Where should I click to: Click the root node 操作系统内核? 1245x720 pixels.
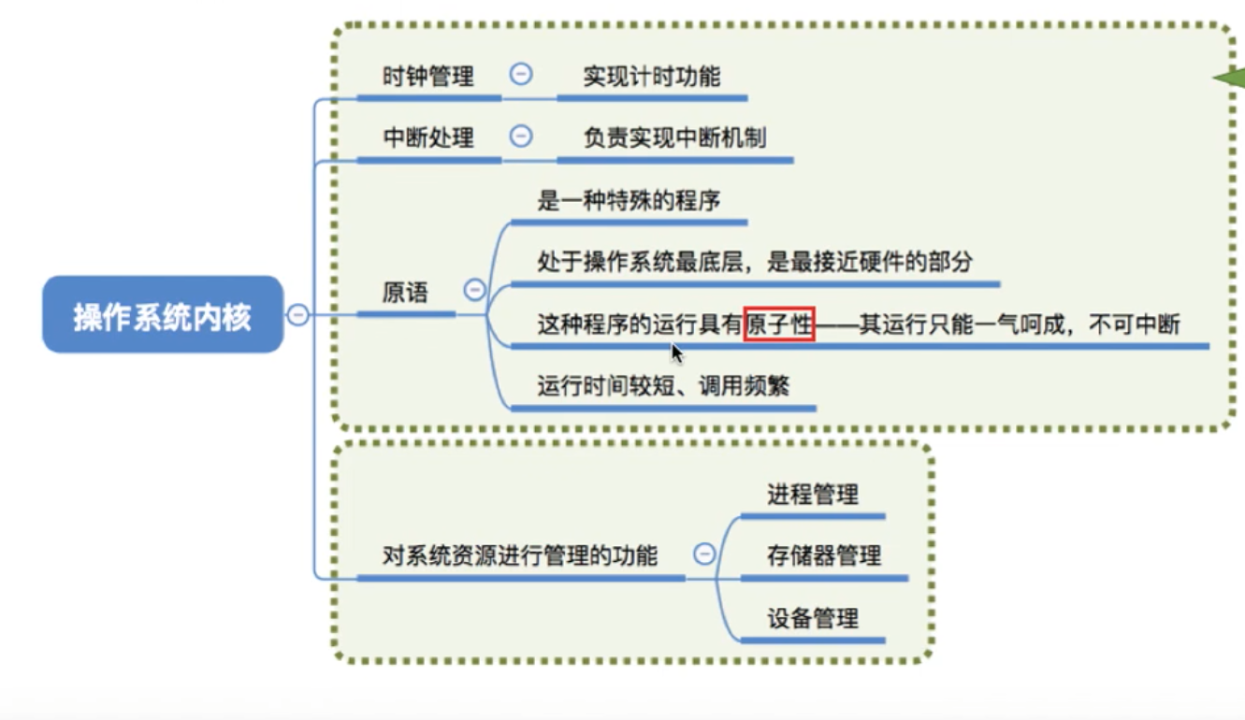tap(162, 315)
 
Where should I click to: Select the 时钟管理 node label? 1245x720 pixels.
tap(428, 76)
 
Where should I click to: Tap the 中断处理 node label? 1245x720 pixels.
tap(428, 137)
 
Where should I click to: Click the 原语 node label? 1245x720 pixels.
tap(405, 293)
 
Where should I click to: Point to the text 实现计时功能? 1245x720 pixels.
tap(652, 76)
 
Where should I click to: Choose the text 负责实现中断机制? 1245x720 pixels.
tap(674, 137)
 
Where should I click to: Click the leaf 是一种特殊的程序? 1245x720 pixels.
tap(629, 200)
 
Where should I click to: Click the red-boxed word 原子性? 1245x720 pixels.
tap(779, 324)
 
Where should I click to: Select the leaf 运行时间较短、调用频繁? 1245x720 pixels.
tap(663, 385)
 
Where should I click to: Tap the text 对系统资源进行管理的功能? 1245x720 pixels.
tap(520, 555)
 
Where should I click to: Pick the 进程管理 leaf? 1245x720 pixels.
tap(813, 494)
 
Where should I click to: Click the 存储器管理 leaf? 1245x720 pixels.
tap(824, 555)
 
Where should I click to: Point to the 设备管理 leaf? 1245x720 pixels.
tap(813, 618)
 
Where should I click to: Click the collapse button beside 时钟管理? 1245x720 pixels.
tap(521, 75)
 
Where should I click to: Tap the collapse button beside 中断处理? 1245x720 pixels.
tap(521, 137)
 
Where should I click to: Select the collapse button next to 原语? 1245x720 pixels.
tap(475, 290)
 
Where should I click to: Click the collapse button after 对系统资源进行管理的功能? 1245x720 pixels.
tap(704, 554)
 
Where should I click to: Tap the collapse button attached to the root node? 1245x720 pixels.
tap(297, 315)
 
